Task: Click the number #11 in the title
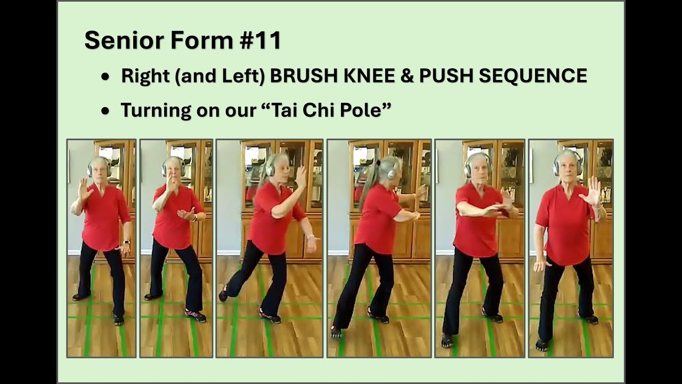[261, 40]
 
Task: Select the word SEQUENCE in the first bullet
[533, 76]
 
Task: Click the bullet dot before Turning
[105, 111]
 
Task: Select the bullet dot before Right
[105, 76]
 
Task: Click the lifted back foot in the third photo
[223, 293]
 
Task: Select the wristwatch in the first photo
[126, 242]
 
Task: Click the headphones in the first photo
[99, 167]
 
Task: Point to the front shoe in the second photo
[195, 315]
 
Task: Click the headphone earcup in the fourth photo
[392, 173]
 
